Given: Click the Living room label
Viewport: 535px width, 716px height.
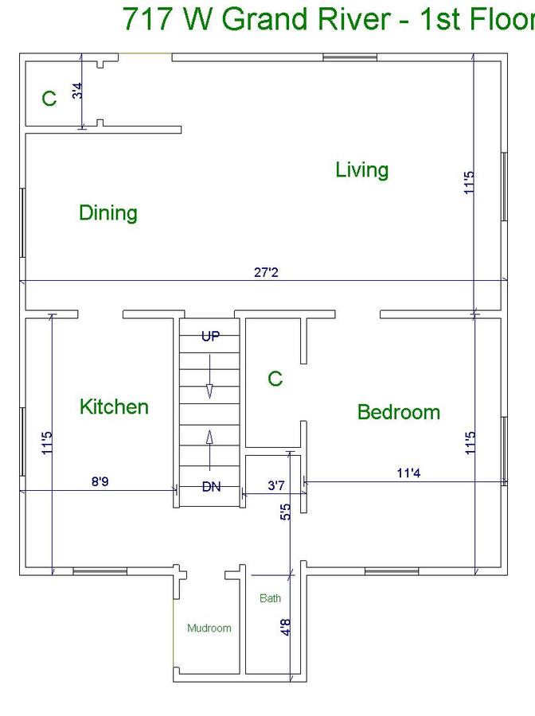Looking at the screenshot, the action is [x=362, y=170].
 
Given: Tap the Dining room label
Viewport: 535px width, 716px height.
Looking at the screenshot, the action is [x=108, y=212].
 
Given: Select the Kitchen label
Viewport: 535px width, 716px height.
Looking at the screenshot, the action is [x=114, y=407].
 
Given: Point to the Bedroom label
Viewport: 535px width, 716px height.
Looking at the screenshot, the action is [x=398, y=412].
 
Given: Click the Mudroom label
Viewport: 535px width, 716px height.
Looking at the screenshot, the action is [x=209, y=628].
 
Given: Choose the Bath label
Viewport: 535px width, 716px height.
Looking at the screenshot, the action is [x=270, y=598].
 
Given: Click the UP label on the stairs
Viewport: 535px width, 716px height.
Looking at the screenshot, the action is [x=211, y=337].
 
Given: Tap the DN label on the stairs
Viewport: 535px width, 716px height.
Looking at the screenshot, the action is [x=211, y=487].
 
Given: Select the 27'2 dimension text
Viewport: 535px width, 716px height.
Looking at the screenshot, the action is [x=266, y=273].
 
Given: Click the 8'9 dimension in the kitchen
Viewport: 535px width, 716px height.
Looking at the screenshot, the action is [x=100, y=481].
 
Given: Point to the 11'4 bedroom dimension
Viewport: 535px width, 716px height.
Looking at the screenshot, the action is [x=408, y=473].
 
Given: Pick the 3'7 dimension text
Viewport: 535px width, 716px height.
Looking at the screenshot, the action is [x=276, y=485].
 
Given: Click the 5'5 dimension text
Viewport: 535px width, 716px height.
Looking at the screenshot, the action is [x=286, y=512].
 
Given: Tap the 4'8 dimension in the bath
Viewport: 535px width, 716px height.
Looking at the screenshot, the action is [x=286, y=627].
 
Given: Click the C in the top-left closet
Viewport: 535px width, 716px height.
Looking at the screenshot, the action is [x=49, y=98].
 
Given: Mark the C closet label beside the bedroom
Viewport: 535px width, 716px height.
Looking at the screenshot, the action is [x=275, y=379].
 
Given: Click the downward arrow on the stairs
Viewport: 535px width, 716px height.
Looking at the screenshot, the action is [x=209, y=376].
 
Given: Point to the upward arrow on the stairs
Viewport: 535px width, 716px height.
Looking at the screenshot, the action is [x=209, y=450].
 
